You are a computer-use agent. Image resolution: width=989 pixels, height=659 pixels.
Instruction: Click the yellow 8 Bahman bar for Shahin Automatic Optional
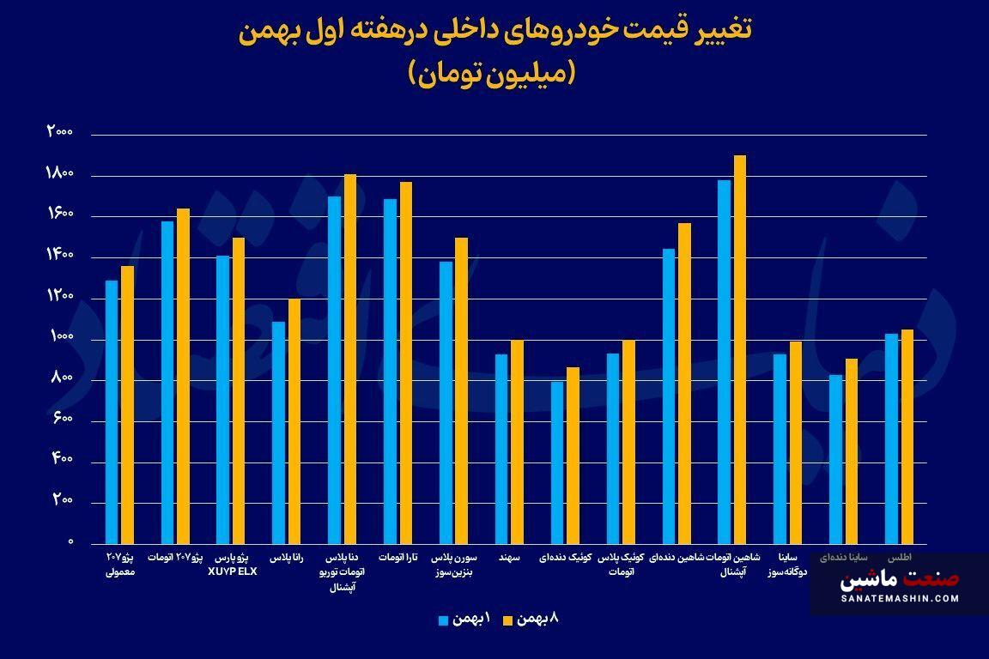coord(740,349)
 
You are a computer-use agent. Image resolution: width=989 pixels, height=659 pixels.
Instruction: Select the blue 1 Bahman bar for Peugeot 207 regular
coord(112,412)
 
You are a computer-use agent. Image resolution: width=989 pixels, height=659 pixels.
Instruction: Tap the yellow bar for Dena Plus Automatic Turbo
coord(349,359)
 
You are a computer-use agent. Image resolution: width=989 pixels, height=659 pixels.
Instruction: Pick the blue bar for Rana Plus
coord(278,432)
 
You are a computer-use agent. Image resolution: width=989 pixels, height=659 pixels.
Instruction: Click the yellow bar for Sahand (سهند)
coord(517,442)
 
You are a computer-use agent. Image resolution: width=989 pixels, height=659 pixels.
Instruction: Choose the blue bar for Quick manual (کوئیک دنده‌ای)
coord(557,463)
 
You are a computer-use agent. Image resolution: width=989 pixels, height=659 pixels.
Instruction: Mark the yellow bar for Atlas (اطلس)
coord(907,436)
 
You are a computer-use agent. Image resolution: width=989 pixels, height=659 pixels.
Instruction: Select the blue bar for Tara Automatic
coord(390,372)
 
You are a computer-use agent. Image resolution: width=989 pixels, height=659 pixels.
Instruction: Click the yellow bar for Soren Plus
coord(461,390)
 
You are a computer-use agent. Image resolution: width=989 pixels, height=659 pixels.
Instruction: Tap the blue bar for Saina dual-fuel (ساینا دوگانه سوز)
coord(780,449)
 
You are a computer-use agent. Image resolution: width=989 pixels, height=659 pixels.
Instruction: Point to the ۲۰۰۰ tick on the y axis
coord(60,132)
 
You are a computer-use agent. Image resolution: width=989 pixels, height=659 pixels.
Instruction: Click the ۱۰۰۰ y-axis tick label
coord(60,337)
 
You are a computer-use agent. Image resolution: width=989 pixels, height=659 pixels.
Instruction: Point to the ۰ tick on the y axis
coord(70,542)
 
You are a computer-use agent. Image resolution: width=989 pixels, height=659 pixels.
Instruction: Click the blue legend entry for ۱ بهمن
coord(464,619)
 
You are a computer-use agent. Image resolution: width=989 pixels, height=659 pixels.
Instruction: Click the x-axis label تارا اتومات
coord(398,558)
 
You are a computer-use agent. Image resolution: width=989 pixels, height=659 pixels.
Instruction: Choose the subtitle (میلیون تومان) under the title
coord(494,74)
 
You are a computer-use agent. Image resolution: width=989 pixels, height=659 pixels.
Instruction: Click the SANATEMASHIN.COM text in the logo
coord(900,598)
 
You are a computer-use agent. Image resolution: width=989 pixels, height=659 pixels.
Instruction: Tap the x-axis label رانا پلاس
coord(287,558)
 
